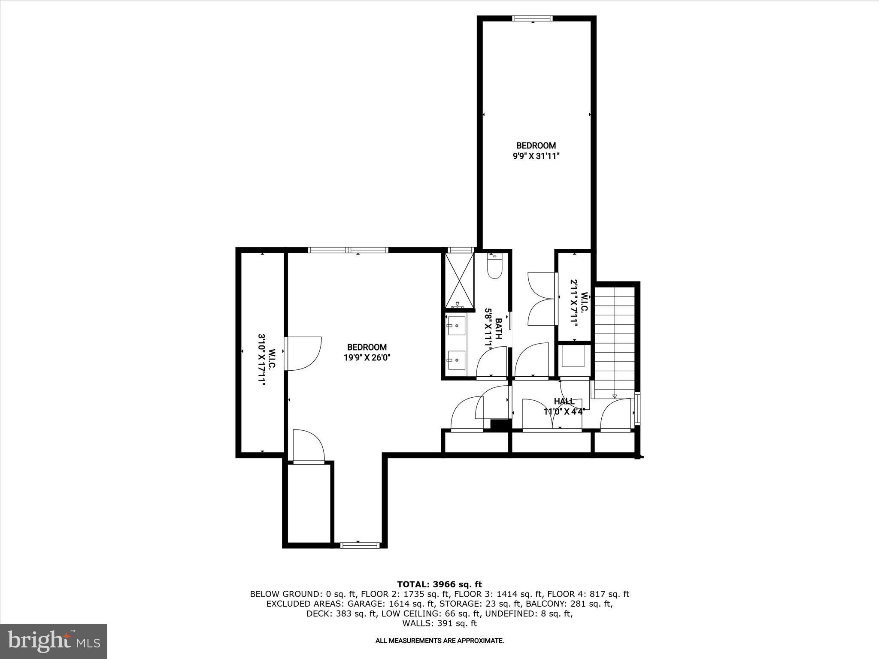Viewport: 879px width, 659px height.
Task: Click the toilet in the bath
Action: (x=494, y=268)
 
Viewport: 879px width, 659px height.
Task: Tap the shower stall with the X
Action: (x=459, y=281)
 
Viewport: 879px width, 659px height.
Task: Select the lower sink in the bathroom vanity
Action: (x=456, y=360)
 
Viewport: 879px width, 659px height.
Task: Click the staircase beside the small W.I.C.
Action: (x=614, y=339)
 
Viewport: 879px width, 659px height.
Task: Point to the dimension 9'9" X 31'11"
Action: (x=536, y=157)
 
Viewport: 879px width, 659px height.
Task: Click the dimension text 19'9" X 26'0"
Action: (x=367, y=357)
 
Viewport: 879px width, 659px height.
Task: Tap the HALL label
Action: (x=564, y=401)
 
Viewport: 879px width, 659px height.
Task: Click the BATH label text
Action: (x=498, y=328)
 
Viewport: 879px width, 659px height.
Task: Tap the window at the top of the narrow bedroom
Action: (x=533, y=18)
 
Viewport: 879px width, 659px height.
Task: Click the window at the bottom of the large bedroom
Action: (x=360, y=545)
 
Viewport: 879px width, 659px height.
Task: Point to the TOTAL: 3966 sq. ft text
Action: (x=439, y=584)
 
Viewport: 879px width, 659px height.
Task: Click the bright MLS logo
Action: (x=54, y=641)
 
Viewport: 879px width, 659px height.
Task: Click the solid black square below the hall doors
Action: (x=500, y=425)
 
